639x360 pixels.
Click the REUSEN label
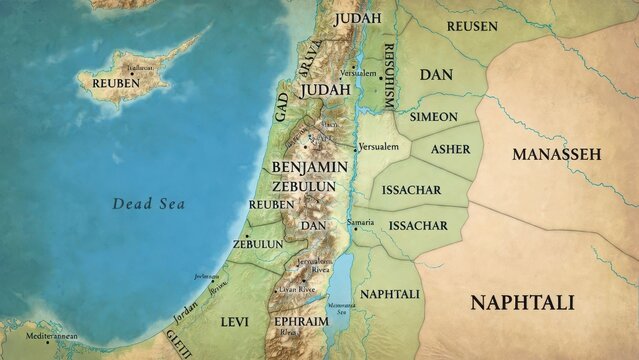tap(471, 26)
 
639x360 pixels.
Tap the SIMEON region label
tap(433, 117)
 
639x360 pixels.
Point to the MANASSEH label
tap(556, 154)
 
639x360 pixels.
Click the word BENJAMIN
tap(309, 167)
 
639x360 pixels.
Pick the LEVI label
tap(234, 322)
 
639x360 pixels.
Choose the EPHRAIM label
tap(302, 322)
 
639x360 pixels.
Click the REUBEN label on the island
tap(116, 83)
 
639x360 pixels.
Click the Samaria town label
tap(360, 221)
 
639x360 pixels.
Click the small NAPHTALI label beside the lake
tap(389, 293)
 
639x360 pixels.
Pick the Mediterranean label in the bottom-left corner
tap(52, 337)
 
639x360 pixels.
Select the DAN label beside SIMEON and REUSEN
tap(436, 75)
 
